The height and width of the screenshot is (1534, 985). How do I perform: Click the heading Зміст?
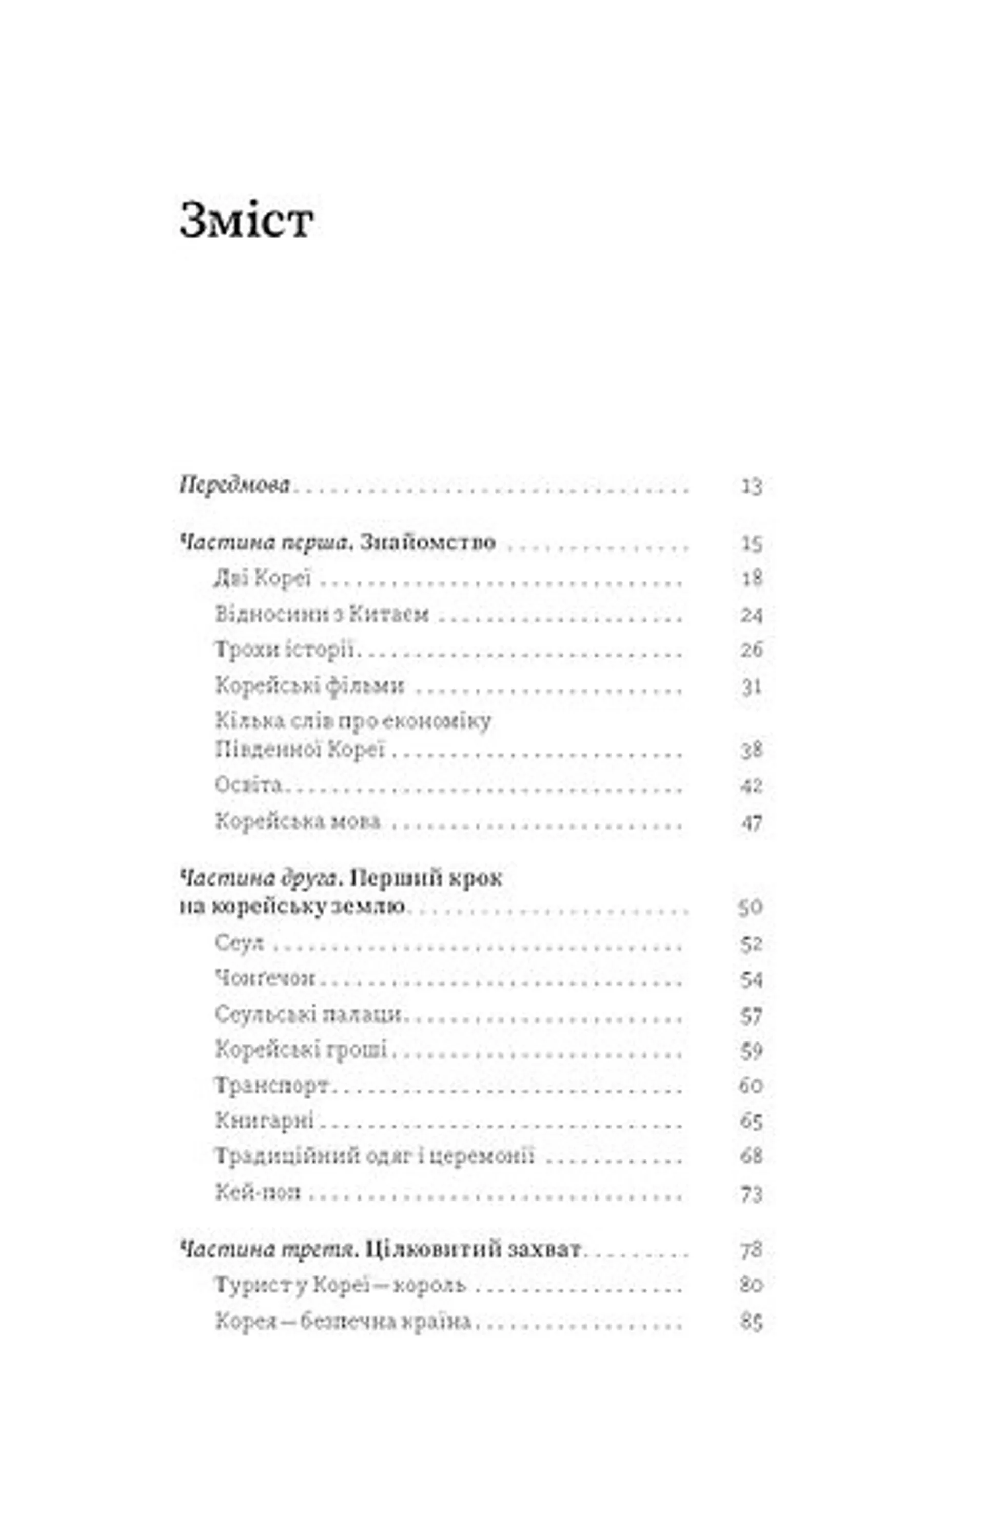(x=246, y=221)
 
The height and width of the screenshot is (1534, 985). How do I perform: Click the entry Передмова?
(x=235, y=485)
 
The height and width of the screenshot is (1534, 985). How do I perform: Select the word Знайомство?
(x=427, y=542)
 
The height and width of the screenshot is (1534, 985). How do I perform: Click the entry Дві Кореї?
(x=263, y=579)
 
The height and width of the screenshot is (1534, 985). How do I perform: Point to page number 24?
(x=752, y=615)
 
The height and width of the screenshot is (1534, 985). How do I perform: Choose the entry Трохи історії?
(x=285, y=651)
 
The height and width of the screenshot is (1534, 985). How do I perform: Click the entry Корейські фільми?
(x=310, y=686)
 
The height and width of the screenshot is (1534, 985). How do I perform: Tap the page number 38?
(x=752, y=750)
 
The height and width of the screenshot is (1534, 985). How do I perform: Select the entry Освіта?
(x=249, y=784)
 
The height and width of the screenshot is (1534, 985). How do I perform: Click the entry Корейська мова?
(x=298, y=821)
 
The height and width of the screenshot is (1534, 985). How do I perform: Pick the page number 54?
(x=752, y=979)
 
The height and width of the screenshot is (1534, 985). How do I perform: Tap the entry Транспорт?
(x=272, y=1085)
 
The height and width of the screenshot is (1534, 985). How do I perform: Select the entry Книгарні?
(x=264, y=1120)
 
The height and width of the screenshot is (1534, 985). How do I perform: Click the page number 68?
(x=752, y=1156)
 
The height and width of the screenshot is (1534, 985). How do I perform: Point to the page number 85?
(x=752, y=1322)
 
